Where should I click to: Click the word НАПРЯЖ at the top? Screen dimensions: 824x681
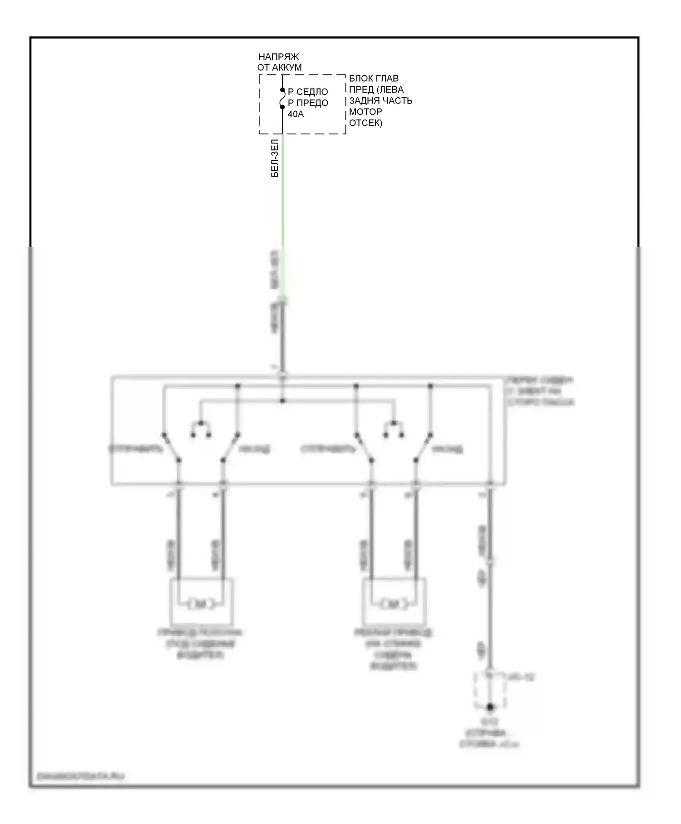279,57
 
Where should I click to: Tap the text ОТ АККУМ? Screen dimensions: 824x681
279,68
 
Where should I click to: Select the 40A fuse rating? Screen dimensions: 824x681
296,114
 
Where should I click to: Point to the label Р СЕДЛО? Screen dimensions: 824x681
308,92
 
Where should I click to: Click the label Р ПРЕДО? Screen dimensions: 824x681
308,103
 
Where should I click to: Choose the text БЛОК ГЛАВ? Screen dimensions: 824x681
374,79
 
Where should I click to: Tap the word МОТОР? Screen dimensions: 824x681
365,112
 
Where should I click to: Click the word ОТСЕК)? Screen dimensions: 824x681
365,123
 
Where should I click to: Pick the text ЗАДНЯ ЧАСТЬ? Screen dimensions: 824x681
380,100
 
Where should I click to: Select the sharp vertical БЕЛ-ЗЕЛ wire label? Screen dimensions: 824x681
275,158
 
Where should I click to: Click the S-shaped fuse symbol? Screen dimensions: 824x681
282,99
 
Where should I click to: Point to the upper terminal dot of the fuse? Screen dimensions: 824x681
282,90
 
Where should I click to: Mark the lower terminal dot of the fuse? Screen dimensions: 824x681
282,107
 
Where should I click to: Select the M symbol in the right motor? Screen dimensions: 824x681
394,604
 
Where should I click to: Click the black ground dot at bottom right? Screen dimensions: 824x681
490,707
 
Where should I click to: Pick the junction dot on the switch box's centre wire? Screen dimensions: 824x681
282,401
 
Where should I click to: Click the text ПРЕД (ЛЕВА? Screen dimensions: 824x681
376,89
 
